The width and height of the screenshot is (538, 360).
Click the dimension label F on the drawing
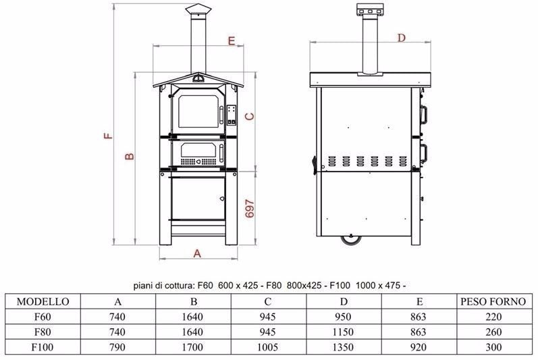point(108,135)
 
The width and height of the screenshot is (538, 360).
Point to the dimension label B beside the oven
point(130,156)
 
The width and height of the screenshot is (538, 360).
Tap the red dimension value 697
point(250,209)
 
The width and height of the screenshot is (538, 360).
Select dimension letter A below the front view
point(197,253)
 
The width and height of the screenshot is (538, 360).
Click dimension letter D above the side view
point(402,37)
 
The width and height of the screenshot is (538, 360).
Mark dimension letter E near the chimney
point(232,41)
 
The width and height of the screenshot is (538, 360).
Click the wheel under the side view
point(350,240)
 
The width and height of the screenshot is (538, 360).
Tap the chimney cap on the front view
point(198,10)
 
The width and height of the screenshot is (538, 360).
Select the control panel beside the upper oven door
point(232,114)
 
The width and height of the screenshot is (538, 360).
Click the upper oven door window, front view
point(198,111)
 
